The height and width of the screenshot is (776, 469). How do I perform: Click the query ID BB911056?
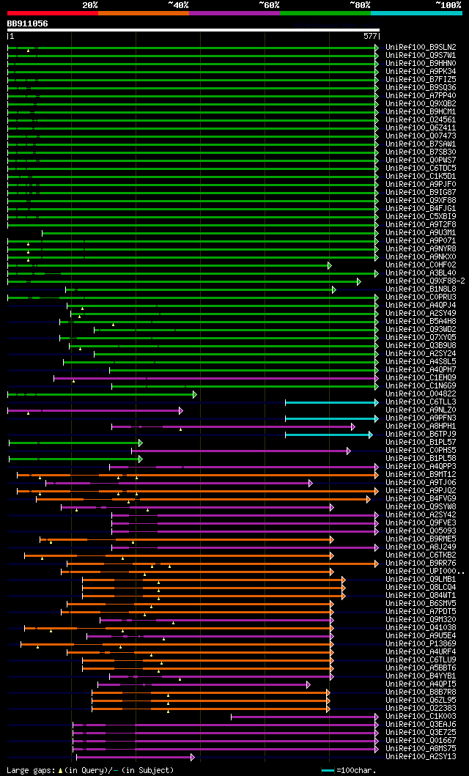pos(27,23)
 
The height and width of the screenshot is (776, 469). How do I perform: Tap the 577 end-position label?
pos(369,35)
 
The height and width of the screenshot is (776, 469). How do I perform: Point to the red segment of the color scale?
pos(52,13)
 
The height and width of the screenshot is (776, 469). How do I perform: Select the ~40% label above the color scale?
pos(177,5)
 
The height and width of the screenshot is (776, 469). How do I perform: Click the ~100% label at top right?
pos(448,5)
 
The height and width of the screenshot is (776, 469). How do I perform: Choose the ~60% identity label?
pos(268,5)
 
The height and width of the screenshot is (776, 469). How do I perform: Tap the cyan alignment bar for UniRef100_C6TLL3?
pos(330,402)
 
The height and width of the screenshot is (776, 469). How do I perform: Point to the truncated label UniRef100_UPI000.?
pos(425,572)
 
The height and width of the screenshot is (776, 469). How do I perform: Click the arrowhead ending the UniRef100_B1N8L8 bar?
pos(334,289)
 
